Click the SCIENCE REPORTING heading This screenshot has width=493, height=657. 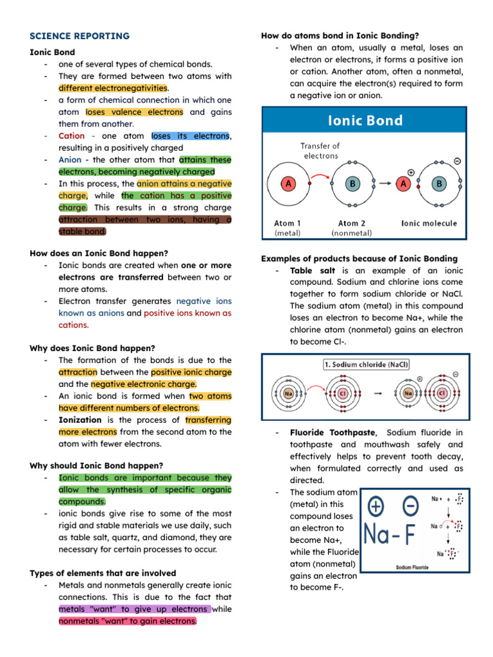tap(80, 36)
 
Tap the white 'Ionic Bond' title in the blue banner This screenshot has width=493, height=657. tap(365, 121)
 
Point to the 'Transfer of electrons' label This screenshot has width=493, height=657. tap(320, 151)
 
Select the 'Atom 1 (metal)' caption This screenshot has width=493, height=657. tap(287, 228)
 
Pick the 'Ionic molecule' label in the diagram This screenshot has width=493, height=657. tap(429, 223)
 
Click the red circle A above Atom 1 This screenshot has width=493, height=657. tap(286, 183)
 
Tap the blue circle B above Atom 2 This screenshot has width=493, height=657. tap(352, 183)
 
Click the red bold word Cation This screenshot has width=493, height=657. tap(71, 136)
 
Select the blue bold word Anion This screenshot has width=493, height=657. tap(70, 160)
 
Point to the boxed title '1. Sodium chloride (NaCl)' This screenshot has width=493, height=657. tap(365, 364)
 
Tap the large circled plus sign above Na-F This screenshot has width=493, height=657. tap(376, 507)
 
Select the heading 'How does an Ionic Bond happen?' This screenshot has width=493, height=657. tap(99, 253)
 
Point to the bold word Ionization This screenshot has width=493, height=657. tap(80, 420)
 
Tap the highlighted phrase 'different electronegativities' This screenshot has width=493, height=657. tap(113, 88)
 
